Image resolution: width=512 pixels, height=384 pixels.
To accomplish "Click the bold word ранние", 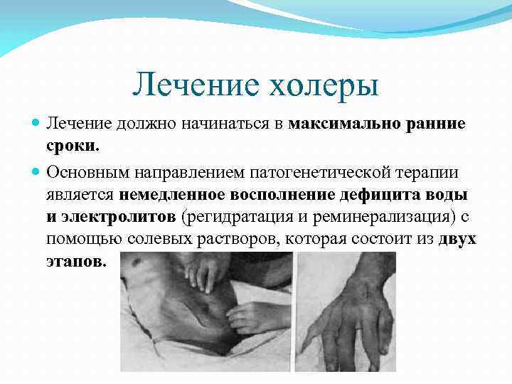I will (435, 124).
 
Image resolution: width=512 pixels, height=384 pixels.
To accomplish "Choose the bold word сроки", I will (73, 147).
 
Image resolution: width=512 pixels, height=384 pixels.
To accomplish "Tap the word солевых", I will (162, 239).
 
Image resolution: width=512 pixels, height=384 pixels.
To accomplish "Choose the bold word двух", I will (457, 239).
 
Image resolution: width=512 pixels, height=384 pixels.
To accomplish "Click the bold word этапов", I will (77, 261).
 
